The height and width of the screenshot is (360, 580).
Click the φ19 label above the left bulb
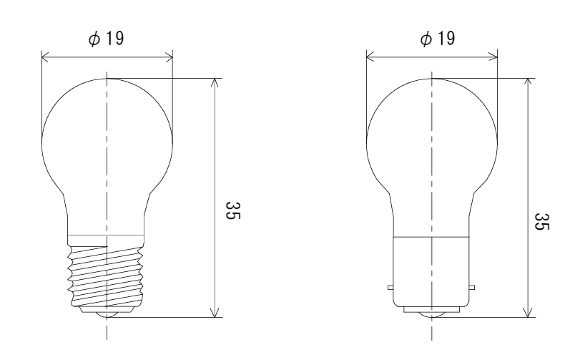(x=106, y=39)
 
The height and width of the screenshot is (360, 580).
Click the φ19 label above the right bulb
(x=438, y=39)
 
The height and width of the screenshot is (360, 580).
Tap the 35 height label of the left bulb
(x=233, y=210)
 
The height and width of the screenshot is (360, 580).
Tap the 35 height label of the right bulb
(x=542, y=221)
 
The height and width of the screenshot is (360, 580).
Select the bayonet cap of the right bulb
(x=431, y=272)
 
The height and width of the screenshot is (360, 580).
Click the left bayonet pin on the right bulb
(x=390, y=288)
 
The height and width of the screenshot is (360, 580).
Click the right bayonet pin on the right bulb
(x=472, y=288)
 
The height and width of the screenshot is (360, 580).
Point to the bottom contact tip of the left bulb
(x=107, y=315)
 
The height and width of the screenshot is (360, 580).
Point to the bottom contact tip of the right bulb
(x=432, y=315)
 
